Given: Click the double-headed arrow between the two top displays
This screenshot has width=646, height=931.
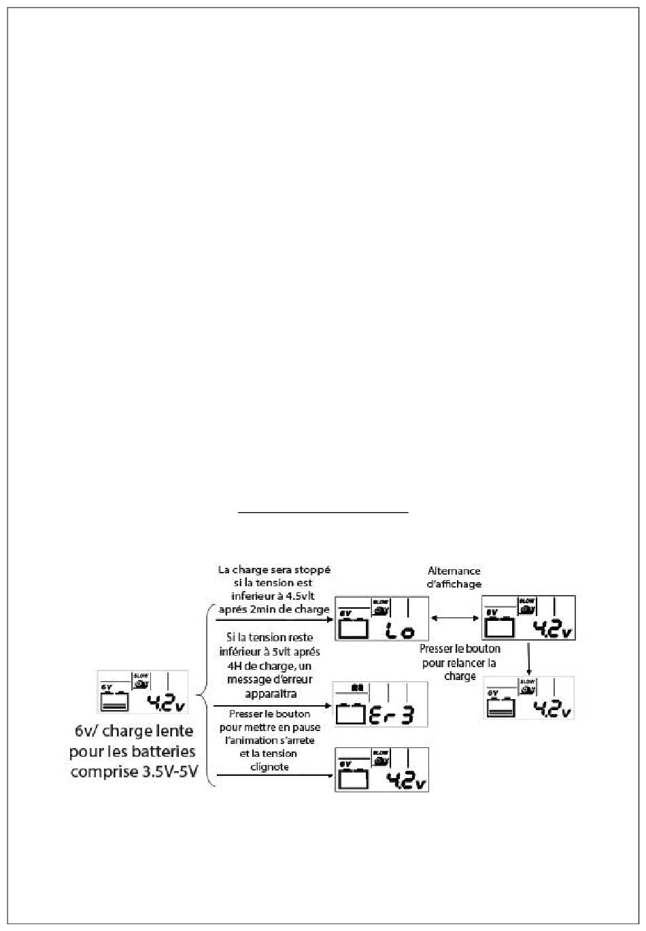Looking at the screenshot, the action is point(455,618).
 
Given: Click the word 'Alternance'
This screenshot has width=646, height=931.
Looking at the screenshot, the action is point(454,571).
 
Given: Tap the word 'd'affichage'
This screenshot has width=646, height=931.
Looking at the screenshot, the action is point(454,583).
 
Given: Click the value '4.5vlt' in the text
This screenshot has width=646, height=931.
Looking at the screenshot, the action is point(310,596).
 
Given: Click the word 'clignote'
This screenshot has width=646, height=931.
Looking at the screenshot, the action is point(270,766).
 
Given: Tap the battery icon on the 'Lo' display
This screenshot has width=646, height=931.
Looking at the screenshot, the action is point(353,627).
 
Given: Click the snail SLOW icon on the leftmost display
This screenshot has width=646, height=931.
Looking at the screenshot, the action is point(141,681).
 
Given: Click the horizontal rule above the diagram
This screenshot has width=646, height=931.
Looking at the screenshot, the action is point(323,512).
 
